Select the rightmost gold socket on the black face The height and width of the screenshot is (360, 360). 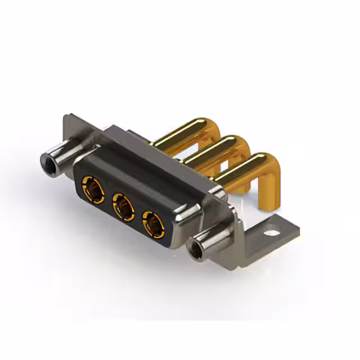tap(152, 222)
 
